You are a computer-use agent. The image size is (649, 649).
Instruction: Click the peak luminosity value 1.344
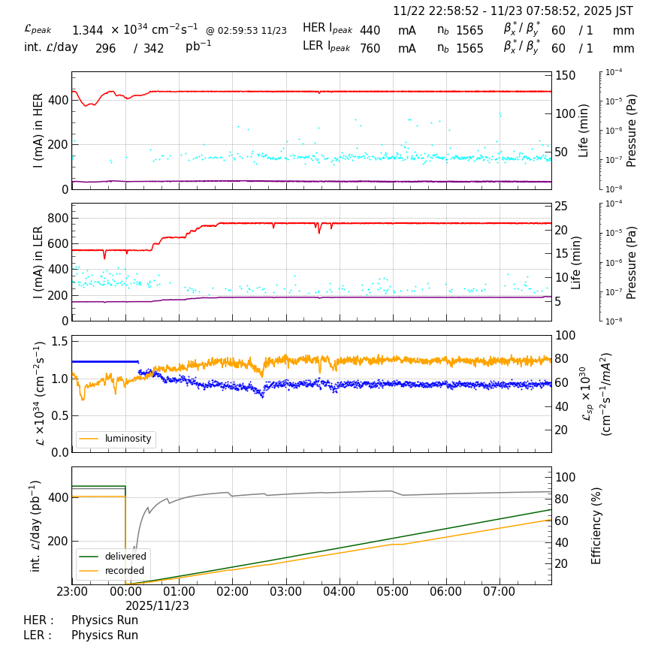[88, 31]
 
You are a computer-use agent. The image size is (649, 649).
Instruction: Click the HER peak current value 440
[370, 31]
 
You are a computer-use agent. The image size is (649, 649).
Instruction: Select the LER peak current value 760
[370, 49]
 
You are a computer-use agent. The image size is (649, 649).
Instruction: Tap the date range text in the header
[513, 11]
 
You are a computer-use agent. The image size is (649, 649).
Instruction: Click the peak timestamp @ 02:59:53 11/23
[246, 31]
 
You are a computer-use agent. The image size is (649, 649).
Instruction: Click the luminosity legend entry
[127, 439]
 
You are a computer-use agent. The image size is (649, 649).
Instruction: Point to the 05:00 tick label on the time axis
[392, 592]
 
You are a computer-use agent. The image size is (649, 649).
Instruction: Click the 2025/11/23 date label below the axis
[157, 605]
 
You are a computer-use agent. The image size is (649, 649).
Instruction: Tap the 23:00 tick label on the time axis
[72, 592]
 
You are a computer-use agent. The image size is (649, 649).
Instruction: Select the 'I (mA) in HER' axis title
[38, 131]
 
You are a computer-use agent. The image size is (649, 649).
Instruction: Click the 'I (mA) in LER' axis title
[38, 262]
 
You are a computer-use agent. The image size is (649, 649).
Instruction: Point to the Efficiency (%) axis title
[597, 525]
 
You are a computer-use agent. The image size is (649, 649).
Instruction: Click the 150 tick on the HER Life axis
[565, 76]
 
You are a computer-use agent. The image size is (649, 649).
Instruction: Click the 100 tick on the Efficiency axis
[565, 478]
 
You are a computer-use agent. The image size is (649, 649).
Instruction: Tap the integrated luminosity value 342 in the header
[153, 49]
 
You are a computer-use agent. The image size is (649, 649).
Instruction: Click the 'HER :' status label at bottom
[38, 620]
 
